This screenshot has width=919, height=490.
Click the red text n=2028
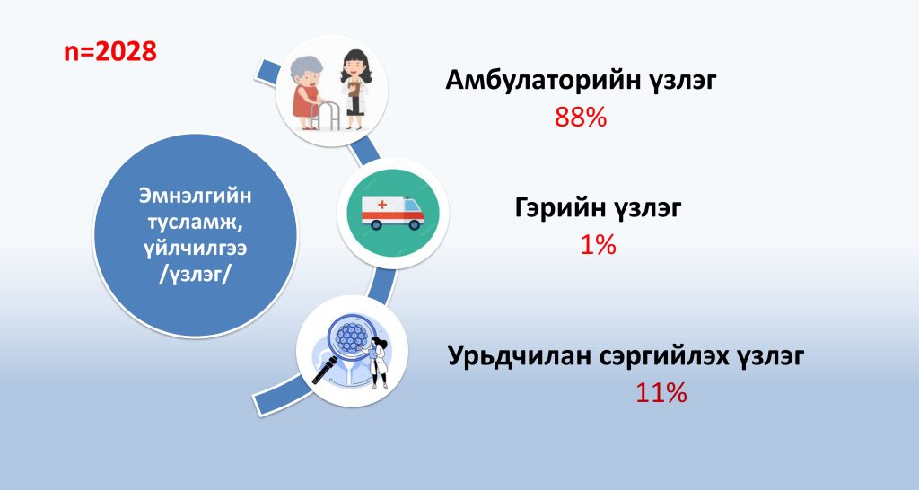(110, 51)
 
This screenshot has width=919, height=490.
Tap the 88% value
(581, 118)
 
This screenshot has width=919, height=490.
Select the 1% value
(598, 244)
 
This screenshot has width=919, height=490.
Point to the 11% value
(661, 393)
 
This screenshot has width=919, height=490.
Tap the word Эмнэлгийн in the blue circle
(195, 196)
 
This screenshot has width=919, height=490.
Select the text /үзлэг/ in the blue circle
(195, 275)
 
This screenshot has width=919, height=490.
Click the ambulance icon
(393, 213)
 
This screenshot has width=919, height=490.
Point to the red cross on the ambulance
(382, 205)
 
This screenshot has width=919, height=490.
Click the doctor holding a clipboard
(355, 89)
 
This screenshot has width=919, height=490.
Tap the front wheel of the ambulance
(415, 223)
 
